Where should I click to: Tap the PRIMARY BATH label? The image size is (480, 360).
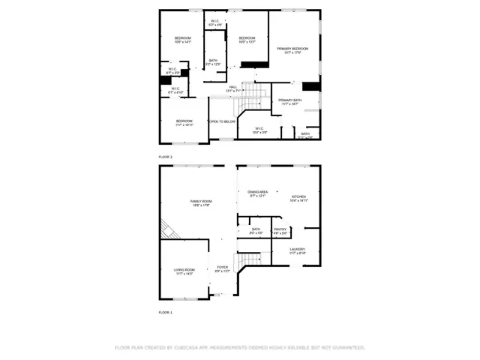290,100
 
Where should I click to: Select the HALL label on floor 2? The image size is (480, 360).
233,87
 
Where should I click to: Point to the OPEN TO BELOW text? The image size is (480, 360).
223,121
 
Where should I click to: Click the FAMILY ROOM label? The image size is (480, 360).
201,202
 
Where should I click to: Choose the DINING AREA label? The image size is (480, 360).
258,193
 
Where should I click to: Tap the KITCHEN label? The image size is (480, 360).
298,197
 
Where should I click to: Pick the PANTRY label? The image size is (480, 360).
280,229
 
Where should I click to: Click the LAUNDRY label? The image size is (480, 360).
298,250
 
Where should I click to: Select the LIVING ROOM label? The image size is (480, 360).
184,270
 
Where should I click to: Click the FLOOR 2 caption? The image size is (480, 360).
166,157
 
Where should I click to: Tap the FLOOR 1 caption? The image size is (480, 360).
166,311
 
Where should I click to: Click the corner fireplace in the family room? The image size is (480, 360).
166,229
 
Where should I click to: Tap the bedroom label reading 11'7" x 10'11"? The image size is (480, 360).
184,121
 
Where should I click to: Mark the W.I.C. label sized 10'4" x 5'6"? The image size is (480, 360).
259,129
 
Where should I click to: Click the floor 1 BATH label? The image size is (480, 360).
256,229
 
